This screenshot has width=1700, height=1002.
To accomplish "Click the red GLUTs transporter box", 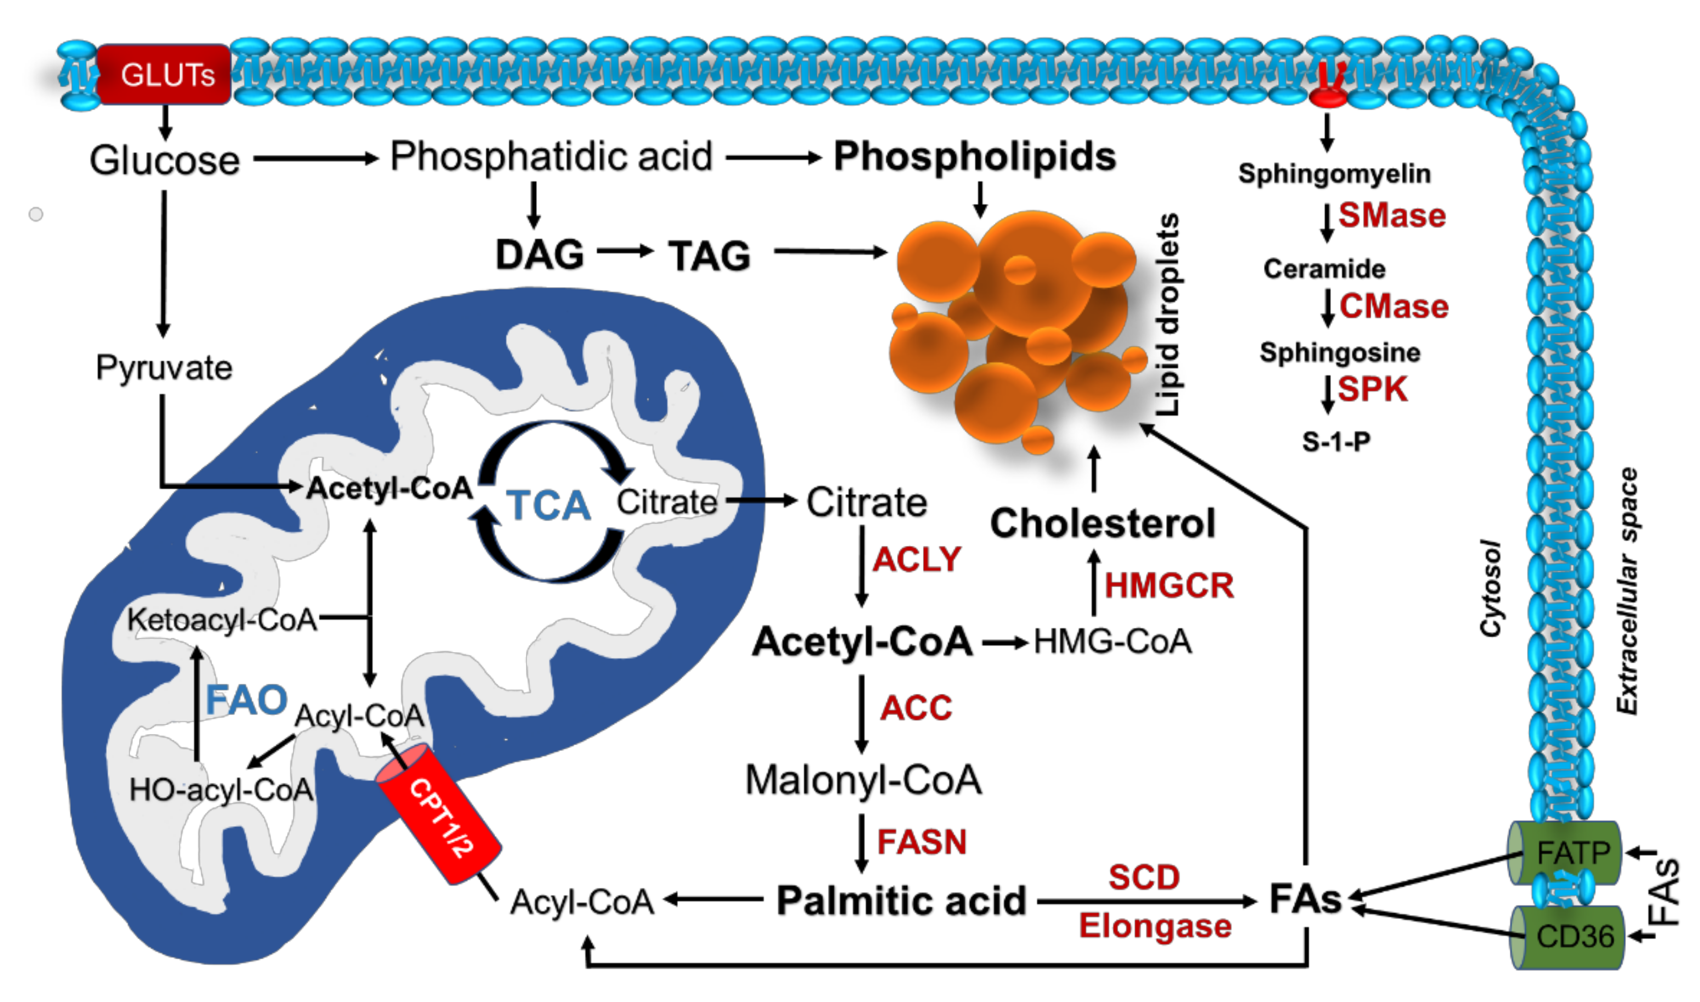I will (x=165, y=75).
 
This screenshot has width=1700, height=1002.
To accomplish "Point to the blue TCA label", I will (x=548, y=505).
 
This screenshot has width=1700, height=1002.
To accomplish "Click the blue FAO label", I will (x=246, y=700).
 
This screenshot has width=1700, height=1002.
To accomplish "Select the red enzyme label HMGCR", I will (x=1169, y=584).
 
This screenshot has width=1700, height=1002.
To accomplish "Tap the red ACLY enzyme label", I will (x=916, y=559).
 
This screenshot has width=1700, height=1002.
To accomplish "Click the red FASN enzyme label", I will (x=921, y=842).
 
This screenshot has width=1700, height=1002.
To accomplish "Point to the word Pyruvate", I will (x=164, y=368).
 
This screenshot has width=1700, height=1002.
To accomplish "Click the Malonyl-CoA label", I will (x=863, y=780).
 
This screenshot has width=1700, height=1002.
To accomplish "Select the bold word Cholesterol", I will (x=1102, y=523).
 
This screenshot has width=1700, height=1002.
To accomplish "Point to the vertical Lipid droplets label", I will (x=1167, y=314).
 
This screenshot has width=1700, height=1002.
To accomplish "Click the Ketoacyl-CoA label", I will (x=222, y=619).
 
